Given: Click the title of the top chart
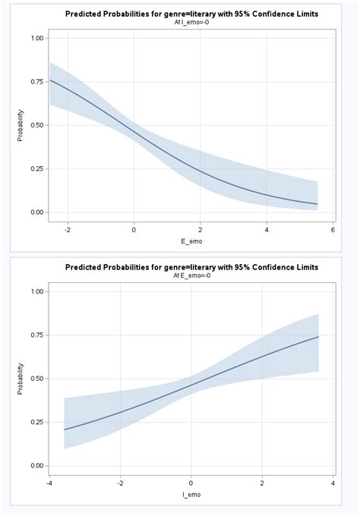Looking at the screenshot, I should [x=191, y=14].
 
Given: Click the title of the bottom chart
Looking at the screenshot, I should [x=191, y=267].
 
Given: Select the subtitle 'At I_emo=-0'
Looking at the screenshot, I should [x=191, y=23].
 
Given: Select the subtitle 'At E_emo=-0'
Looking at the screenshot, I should [x=191, y=275].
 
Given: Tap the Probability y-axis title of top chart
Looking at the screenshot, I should [x=21, y=125].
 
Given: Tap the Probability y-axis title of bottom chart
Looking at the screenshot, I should [x=21, y=378].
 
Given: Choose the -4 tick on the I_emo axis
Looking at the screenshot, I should [x=49, y=481].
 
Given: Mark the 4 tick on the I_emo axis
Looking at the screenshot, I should [x=333, y=481].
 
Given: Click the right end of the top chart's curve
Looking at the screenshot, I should [x=317, y=204].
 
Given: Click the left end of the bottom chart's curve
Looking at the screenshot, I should [x=65, y=429].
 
